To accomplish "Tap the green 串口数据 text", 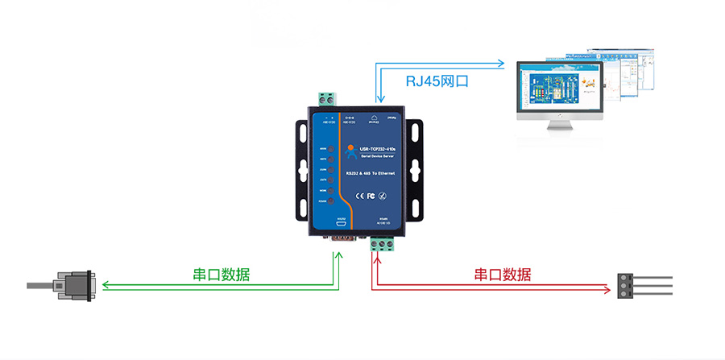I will (221, 274).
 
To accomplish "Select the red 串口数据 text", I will (503, 274).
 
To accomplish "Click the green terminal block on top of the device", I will (326, 100).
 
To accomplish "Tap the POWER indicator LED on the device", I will (329, 201).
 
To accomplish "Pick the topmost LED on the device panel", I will (329, 149).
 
